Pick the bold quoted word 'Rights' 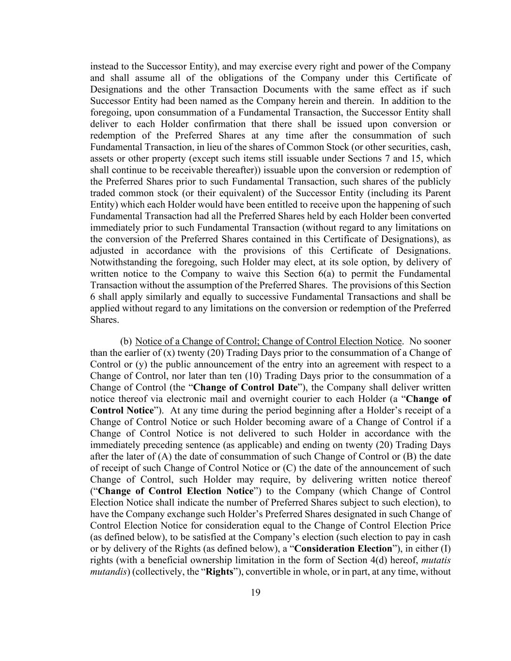coord(220,572)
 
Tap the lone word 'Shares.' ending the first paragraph coord(104,320)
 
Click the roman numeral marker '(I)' coord(444,549)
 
